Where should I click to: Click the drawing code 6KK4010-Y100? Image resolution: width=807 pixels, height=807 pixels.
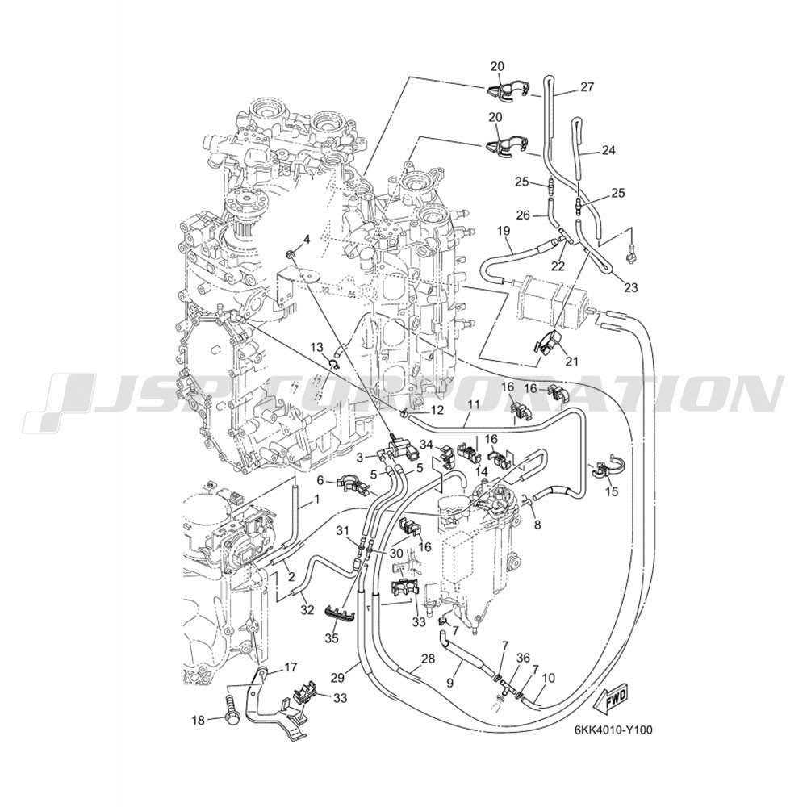613,730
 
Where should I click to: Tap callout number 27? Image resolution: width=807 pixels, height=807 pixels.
587,87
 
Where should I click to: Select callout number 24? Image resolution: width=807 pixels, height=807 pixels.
608,151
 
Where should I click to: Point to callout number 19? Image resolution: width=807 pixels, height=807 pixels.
504,231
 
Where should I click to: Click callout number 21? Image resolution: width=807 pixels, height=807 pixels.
572,362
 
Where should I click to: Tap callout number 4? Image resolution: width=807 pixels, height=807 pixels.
306,239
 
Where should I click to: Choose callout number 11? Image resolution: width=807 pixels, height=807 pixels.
474,404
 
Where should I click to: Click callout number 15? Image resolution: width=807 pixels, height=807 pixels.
612,491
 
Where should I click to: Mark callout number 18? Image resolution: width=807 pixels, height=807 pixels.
199,721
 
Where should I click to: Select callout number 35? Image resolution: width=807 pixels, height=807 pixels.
332,638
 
